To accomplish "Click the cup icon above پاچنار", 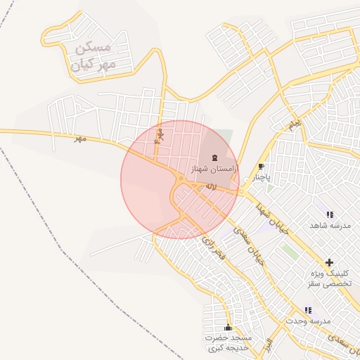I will click(x=262, y=167).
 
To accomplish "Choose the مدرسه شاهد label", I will click(x=330, y=225).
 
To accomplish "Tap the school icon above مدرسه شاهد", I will click(x=330, y=214).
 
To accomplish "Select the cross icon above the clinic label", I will click(x=329, y=262).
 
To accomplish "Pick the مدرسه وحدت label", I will click(x=308, y=321).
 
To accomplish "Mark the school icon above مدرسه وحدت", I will click(x=308, y=310).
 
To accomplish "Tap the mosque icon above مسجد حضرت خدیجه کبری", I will click(x=228, y=328).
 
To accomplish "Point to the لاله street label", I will click(x=210, y=186).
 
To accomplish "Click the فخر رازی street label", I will click(x=212, y=250).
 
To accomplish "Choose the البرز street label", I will click(x=267, y=345).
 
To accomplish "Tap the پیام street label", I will click(x=294, y=124).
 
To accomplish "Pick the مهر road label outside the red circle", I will click(x=80, y=139).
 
